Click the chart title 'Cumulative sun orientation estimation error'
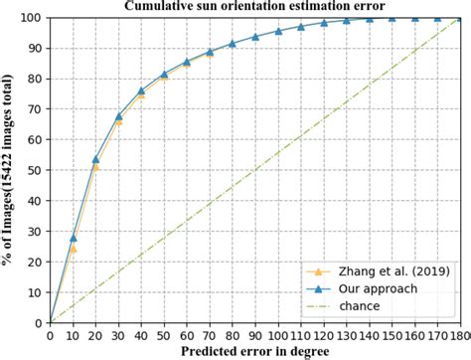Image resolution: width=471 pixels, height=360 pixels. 253,7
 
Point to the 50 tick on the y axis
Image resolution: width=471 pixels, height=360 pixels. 35,171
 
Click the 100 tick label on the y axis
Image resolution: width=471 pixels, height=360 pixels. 32,18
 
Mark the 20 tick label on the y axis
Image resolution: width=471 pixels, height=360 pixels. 35,263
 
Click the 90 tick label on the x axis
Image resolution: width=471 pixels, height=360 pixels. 255,335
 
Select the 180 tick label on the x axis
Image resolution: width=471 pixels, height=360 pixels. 462,335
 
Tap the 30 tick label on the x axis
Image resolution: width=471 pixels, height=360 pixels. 118,335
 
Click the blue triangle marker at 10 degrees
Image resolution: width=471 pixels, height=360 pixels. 73,238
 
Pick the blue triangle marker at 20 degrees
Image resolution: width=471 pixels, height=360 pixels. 95,159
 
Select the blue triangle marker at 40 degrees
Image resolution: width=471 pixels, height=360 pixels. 141,91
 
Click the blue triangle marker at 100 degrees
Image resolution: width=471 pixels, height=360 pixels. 278,31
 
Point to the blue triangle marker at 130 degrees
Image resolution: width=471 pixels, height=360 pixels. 347,21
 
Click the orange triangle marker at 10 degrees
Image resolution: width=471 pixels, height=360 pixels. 73,249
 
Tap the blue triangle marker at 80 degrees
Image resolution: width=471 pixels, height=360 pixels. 233,44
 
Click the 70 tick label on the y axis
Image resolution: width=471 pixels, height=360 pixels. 35,109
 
